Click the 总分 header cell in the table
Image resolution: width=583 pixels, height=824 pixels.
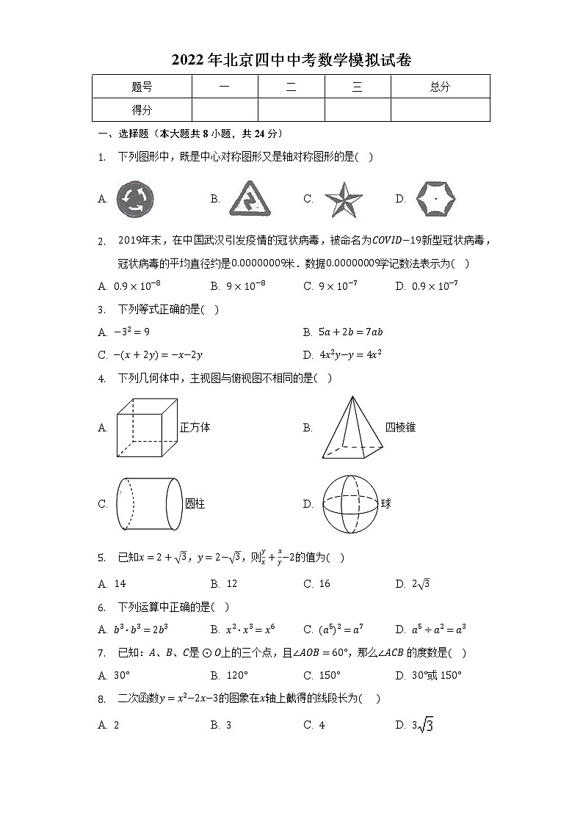point(440,87)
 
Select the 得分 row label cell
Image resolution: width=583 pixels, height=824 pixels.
point(142,110)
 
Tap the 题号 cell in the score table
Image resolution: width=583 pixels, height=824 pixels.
point(142,87)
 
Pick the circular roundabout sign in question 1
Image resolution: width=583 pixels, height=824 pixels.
point(136,199)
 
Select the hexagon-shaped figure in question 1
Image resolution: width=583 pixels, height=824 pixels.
point(435,198)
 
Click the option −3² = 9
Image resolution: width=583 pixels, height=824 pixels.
point(132,332)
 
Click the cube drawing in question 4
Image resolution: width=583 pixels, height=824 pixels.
point(148,428)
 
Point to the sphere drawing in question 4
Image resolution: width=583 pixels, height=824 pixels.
point(350,503)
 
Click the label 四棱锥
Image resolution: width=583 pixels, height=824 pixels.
point(401,427)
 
